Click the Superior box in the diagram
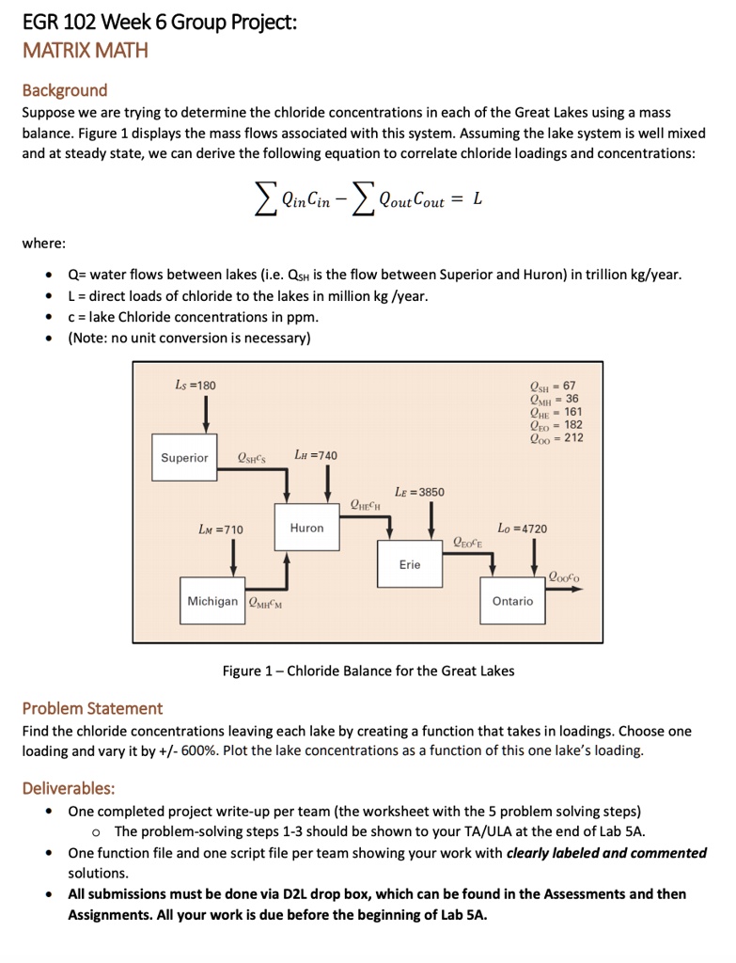[x=184, y=458]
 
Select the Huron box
[x=306, y=529]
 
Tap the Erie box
[x=410, y=564]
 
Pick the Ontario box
[x=512, y=600]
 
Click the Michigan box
[x=212, y=600]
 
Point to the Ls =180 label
[x=196, y=385]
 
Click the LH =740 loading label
[x=316, y=455]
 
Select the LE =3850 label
[x=419, y=492]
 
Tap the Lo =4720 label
[x=522, y=529]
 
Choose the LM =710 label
[x=221, y=529]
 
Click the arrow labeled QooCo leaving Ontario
[x=564, y=589]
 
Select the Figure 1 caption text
[x=368, y=671]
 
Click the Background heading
[x=65, y=90]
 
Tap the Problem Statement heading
[x=92, y=708]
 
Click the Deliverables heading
[x=69, y=787]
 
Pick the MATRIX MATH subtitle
[x=86, y=51]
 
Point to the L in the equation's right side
[x=478, y=198]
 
